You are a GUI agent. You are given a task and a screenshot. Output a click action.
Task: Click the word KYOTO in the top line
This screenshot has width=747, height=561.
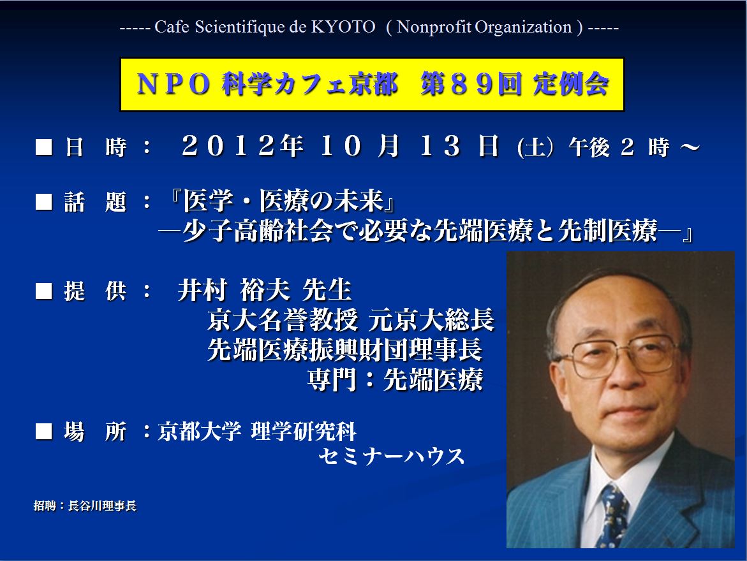click(x=343, y=27)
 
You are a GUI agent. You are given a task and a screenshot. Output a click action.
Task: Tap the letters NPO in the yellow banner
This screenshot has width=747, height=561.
click(x=174, y=84)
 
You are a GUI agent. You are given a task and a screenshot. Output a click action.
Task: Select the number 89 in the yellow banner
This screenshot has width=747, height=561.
click(x=471, y=84)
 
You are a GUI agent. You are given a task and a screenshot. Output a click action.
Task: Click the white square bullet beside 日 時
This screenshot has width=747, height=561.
click(x=44, y=147)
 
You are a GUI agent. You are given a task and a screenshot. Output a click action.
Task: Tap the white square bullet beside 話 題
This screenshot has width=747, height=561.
click(x=44, y=201)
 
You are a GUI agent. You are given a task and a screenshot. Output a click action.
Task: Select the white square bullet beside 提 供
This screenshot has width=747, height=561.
click(x=44, y=291)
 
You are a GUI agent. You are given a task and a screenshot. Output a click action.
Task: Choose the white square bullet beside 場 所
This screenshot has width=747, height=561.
click(x=44, y=432)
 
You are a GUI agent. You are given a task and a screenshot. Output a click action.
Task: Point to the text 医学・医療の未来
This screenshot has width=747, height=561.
click(x=284, y=200)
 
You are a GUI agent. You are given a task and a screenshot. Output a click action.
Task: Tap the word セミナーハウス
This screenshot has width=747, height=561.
click(x=391, y=456)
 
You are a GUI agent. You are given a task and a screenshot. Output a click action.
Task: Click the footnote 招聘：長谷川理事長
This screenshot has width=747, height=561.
click(x=85, y=506)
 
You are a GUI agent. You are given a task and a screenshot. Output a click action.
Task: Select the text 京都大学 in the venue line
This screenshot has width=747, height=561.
click(x=200, y=432)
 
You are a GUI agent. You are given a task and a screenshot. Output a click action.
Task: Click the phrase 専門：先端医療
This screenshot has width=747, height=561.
click(x=396, y=379)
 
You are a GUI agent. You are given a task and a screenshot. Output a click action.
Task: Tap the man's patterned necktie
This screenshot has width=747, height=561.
click(x=614, y=514)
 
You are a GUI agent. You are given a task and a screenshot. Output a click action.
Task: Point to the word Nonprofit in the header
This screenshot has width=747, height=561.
click(x=434, y=27)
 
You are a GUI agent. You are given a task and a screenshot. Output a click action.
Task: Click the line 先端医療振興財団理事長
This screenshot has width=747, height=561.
click(x=345, y=349)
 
